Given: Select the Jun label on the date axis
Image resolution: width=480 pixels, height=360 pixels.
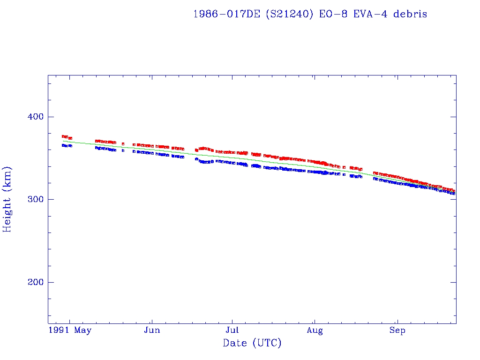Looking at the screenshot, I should coord(152,330).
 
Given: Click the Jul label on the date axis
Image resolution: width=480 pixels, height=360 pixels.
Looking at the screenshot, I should coord(232,330).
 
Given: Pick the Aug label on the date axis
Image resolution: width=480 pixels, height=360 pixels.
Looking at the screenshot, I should coord(315,330).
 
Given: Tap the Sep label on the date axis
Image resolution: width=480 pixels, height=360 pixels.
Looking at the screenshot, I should coord(397,330).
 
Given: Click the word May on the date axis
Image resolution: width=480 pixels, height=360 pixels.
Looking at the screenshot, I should coord(83,330).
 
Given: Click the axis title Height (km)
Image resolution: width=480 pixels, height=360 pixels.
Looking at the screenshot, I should coord(7,199).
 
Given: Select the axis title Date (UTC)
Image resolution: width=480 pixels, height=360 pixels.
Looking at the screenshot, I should coord(252,343).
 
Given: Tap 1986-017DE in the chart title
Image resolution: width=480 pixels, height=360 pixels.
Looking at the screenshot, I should coord(227,14).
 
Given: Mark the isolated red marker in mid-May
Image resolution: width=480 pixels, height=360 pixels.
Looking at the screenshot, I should coord(123,144).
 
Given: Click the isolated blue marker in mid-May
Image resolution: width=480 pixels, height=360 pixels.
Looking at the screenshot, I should coord(123,150).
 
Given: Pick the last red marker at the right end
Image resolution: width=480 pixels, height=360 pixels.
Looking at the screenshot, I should coord(454,191).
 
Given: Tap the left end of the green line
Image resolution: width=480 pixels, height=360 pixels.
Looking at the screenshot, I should coord(63,141).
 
